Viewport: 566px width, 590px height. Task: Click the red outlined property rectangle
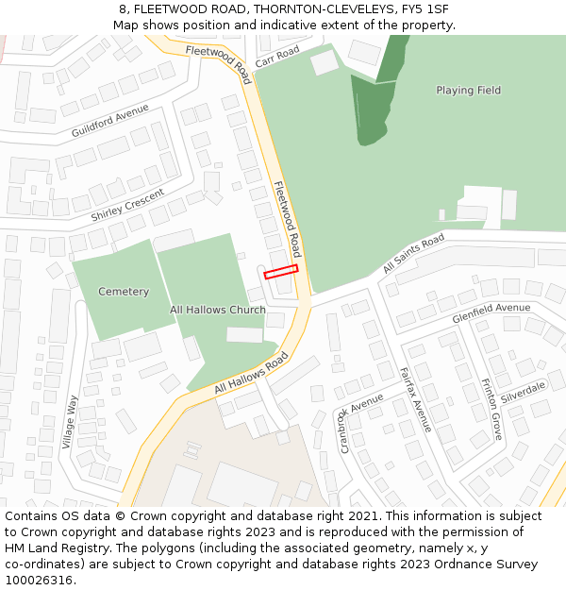[x=281, y=272]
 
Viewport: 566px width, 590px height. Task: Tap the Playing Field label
[x=468, y=91]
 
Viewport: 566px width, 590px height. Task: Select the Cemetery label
[x=124, y=292]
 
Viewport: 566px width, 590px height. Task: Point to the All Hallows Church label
[x=218, y=310]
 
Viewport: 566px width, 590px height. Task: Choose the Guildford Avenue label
[x=110, y=122]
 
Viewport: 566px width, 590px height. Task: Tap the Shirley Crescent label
[x=127, y=206]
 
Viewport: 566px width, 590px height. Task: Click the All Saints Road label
[x=413, y=254]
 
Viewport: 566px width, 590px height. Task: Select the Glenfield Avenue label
[x=491, y=313]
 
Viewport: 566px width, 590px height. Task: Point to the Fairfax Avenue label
[x=415, y=399]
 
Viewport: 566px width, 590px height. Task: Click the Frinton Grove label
[x=491, y=410]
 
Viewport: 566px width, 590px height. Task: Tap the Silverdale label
[x=524, y=394]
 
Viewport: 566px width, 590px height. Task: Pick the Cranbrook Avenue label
[x=360, y=422]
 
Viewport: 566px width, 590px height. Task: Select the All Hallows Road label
[x=250, y=374]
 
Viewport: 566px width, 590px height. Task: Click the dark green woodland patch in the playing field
[x=370, y=109]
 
